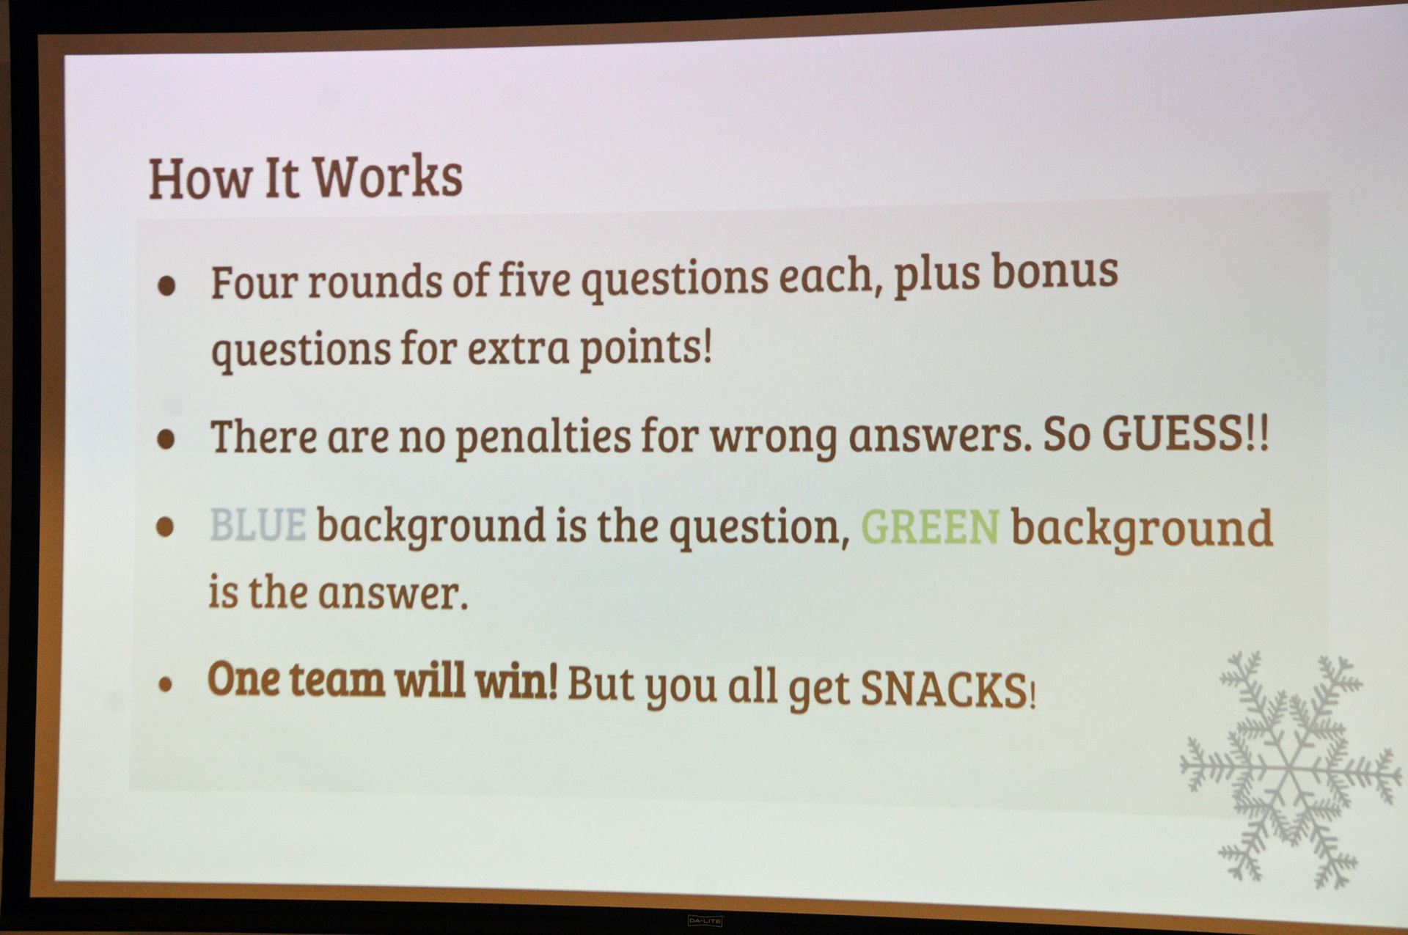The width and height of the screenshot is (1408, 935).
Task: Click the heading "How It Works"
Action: point(306,177)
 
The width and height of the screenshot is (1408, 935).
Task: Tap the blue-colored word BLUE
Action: point(258,524)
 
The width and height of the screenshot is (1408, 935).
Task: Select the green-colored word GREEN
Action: point(930,527)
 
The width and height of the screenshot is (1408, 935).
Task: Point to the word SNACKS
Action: point(945,689)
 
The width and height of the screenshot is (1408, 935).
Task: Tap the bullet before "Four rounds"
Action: point(166,285)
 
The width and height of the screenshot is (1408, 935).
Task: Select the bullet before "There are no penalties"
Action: point(166,439)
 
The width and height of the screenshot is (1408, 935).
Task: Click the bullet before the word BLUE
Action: point(165,527)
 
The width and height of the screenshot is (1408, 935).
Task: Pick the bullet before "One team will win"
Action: point(166,685)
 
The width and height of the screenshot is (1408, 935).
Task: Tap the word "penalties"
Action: point(543,438)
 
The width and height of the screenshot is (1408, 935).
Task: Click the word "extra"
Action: point(518,348)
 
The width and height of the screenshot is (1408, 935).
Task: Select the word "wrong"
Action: point(773,438)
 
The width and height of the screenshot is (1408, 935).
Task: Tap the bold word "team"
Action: point(337,680)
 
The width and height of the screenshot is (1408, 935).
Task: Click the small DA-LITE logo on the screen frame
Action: point(705,920)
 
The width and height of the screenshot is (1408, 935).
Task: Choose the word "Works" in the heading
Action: point(388,177)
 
